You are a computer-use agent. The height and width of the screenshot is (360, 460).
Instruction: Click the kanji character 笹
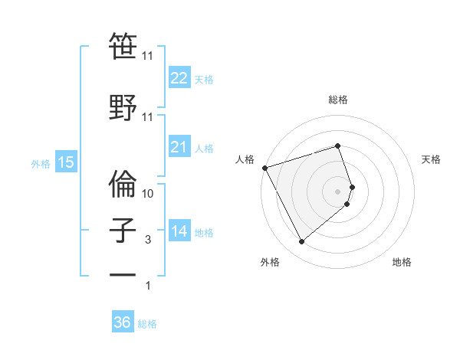point(123,48)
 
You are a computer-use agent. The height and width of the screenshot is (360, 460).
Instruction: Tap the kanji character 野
point(123,106)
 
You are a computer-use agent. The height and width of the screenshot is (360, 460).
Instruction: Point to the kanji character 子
point(123,230)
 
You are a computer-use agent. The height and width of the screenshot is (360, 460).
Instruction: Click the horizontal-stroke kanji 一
point(123,277)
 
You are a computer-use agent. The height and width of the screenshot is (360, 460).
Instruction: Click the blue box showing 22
point(179,77)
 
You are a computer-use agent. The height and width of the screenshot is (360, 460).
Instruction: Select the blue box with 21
point(179,147)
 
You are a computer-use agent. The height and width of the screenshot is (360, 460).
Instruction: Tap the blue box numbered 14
point(179,231)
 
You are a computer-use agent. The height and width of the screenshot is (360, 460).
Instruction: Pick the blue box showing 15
point(65,162)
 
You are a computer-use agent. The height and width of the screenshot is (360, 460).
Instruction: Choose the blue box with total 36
point(122,322)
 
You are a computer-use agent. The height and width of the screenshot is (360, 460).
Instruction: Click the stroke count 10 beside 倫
point(148,194)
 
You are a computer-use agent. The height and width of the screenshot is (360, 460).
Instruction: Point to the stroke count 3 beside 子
point(148,240)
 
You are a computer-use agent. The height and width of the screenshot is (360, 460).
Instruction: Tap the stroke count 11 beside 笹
point(148,56)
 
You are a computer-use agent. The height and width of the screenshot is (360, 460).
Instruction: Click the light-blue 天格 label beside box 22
point(204,79)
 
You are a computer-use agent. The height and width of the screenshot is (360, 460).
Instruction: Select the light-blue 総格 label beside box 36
point(147,324)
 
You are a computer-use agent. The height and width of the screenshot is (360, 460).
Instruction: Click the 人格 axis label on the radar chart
point(245,159)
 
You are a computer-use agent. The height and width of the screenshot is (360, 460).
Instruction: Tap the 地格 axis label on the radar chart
point(402,263)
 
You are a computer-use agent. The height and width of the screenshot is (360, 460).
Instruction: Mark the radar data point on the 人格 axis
point(264,167)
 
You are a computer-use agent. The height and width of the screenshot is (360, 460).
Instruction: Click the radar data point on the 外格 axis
point(301,242)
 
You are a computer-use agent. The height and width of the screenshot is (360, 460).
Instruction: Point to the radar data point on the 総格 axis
point(337,146)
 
